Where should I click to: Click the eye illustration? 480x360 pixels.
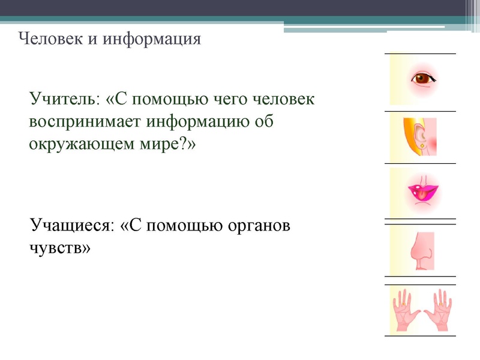tap(422, 79)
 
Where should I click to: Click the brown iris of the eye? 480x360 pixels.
tap(422, 77)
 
